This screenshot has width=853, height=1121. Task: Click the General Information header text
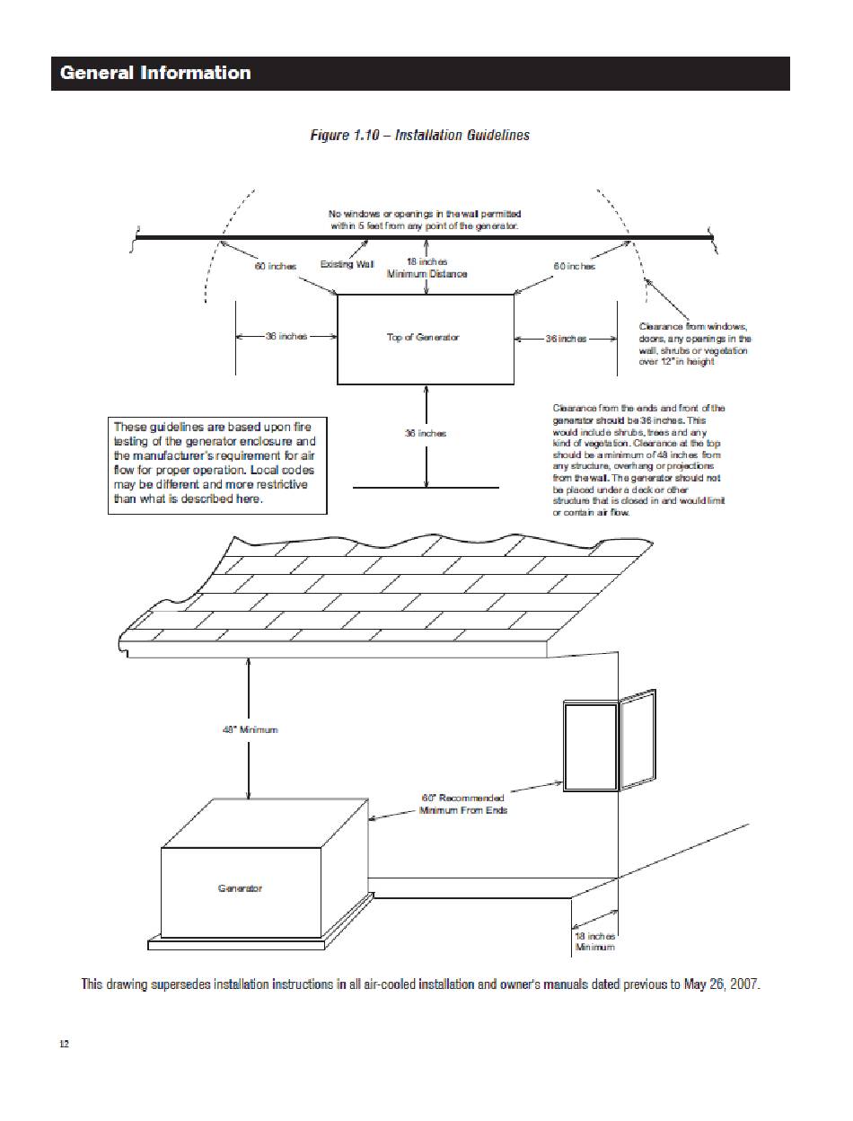[155, 73]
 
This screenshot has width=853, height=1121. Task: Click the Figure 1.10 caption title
[419, 136]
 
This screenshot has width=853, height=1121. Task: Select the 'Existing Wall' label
[347, 264]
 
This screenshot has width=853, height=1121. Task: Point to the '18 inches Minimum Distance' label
[426, 268]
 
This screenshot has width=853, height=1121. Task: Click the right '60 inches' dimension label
[574, 267]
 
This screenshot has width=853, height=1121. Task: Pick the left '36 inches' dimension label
[286, 336]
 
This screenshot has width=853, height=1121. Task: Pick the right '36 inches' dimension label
[566, 339]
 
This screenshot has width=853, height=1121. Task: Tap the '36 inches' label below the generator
[426, 433]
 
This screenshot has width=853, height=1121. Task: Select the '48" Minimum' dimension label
[250, 729]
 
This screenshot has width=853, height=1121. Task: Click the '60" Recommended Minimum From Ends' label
[463, 803]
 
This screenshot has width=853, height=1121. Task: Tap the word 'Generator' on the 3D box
[241, 888]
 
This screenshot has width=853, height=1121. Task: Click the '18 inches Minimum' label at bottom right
[594, 941]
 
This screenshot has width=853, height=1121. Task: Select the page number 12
[64, 1044]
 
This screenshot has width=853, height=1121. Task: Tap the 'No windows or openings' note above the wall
[425, 220]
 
